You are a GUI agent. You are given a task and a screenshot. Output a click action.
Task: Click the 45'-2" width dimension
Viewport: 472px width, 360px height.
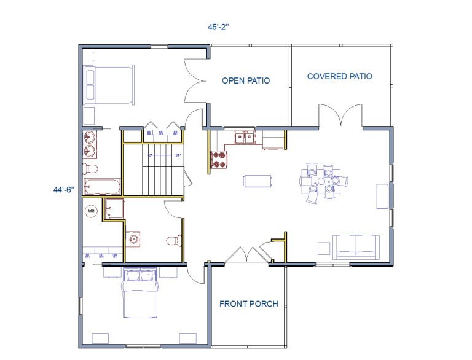(x=218, y=27)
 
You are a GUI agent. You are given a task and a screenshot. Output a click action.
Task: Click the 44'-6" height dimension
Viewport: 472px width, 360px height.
(x=63, y=190)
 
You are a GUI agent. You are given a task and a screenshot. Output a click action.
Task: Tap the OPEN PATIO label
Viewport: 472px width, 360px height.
(x=246, y=80)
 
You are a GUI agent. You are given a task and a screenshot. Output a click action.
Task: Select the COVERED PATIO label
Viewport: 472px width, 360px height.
(x=339, y=76)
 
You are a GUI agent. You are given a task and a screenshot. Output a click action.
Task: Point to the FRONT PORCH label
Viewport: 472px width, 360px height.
(x=249, y=304)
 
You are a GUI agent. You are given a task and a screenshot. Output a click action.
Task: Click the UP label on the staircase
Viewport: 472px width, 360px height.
(x=177, y=155)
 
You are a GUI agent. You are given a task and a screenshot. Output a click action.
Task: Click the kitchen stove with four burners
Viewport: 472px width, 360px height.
(x=219, y=160)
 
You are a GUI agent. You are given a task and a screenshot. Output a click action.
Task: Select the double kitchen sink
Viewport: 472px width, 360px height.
(x=245, y=138)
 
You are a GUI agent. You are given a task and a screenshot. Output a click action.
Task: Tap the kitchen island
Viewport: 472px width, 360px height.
(x=258, y=181)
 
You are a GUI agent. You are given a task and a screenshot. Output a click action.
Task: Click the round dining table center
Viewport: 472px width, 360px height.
(x=321, y=181)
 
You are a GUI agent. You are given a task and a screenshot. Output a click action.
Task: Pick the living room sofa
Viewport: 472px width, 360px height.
(x=356, y=247)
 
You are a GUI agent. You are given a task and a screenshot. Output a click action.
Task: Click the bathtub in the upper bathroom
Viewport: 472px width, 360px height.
(x=102, y=187)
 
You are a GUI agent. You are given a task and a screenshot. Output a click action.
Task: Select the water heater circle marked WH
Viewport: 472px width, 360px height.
(x=92, y=211)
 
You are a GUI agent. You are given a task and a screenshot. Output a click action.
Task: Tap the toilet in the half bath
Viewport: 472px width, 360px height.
(x=174, y=240)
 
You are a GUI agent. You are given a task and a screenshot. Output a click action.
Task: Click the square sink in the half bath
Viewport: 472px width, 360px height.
(x=133, y=239)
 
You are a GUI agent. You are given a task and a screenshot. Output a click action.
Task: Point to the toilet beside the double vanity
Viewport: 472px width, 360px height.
(x=90, y=169)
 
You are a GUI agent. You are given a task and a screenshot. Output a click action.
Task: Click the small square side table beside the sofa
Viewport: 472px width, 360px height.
(x=324, y=248)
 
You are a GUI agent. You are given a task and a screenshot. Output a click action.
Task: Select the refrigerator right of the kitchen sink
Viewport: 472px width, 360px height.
(x=273, y=140)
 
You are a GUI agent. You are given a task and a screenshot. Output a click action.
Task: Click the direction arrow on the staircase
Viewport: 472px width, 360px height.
(x=160, y=155)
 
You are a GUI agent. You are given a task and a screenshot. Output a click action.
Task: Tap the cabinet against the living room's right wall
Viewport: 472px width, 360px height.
(x=382, y=196)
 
